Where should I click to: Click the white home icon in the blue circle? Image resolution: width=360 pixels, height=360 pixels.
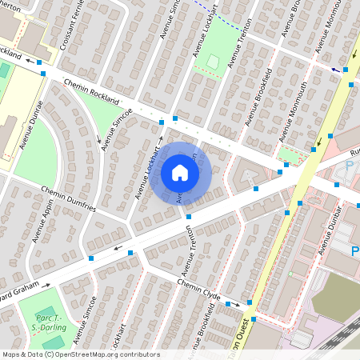pos(180,172)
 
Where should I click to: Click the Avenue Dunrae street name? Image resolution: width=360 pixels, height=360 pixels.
pos(31,125)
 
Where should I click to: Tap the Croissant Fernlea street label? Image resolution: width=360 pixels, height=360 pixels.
pos(70,29)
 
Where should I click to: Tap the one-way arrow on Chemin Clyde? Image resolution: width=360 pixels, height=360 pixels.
pos(231,304)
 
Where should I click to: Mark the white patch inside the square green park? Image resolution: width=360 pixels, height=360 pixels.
pos(212,61)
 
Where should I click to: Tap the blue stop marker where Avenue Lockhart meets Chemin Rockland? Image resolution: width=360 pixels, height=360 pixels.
pos(162,122)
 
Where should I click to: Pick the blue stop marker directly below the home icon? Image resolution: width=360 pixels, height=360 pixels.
pos(189,217)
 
